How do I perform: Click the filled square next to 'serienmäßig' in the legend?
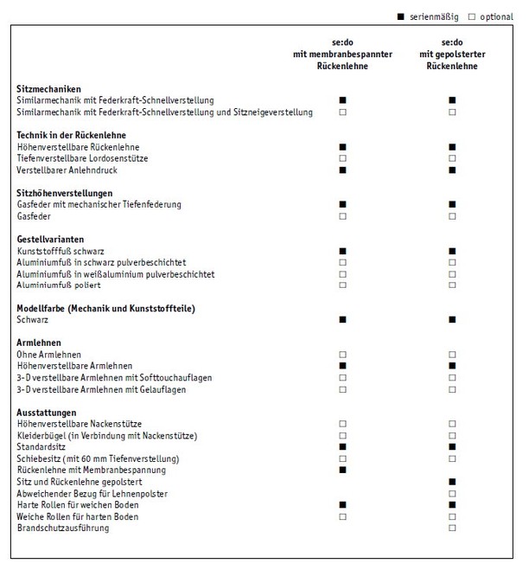(x=401, y=17)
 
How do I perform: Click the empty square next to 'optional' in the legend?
(x=471, y=17)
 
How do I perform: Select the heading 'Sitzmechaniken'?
(x=48, y=89)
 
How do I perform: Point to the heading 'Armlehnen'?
(x=40, y=343)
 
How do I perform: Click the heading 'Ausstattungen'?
(x=47, y=413)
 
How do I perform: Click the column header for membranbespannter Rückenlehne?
(x=342, y=54)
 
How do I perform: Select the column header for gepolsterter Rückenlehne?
(x=452, y=54)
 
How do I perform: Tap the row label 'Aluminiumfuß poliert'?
(x=59, y=285)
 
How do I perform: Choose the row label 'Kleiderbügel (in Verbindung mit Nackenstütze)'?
(x=107, y=435)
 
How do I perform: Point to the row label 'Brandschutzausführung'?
(x=63, y=528)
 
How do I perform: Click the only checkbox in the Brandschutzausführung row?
(x=452, y=528)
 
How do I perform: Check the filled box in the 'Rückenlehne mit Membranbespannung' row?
(x=343, y=470)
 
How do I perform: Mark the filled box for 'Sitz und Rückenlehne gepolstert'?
(x=452, y=481)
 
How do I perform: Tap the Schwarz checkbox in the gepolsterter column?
(x=452, y=320)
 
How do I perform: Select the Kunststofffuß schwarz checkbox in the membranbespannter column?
(x=343, y=251)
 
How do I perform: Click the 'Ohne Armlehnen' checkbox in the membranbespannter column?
(x=343, y=355)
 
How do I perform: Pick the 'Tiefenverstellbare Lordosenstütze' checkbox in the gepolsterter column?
(x=452, y=158)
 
